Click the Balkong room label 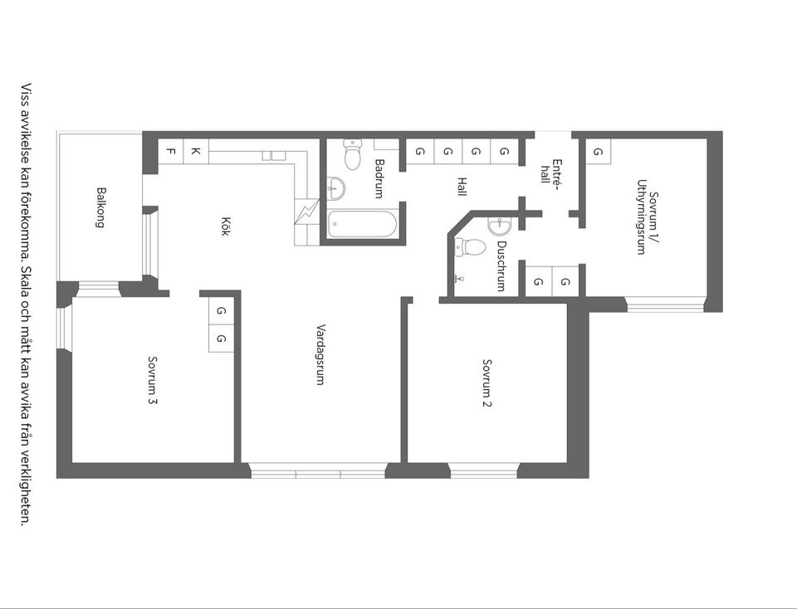[101, 207]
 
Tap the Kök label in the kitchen [225, 227]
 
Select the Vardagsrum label [320, 354]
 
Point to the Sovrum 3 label [153, 381]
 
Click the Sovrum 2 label [487, 383]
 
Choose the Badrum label [379, 178]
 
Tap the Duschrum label [501, 266]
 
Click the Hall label [462, 187]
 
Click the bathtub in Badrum [363, 224]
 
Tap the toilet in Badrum [352, 153]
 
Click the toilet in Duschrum [469, 248]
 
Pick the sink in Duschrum [500, 226]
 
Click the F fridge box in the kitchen [171, 151]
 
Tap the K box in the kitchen [196, 151]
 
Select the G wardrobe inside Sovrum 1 [599, 151]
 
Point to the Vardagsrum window [318, 470]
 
